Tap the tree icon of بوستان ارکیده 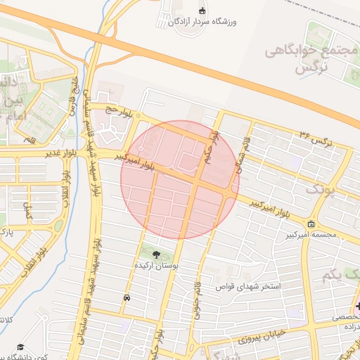(155, 255)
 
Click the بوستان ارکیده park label (156, 267)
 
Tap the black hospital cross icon (357, 306)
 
